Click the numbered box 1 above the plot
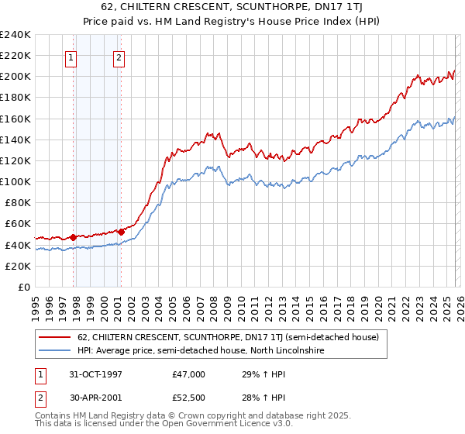[71, 57]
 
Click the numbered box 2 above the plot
[119, 57]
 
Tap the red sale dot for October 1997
[74, 237]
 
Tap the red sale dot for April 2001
[121, 231]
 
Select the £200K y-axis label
[15, 77]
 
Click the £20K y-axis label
[17, 266]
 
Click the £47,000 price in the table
[189, 374]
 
